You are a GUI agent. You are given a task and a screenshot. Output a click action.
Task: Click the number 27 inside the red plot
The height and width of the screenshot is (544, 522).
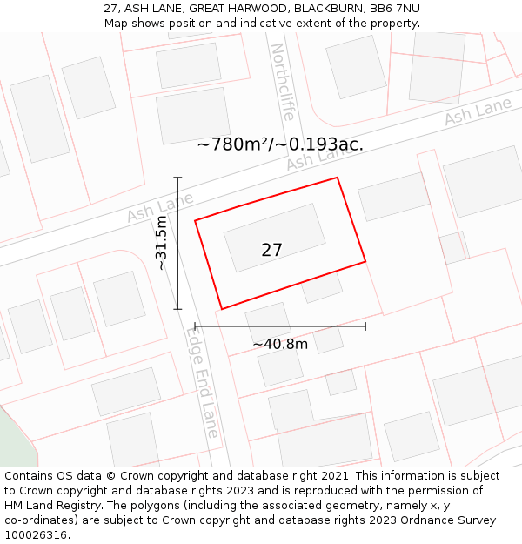[271, 250]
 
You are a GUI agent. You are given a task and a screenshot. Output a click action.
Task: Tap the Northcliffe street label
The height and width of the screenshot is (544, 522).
[283, 82]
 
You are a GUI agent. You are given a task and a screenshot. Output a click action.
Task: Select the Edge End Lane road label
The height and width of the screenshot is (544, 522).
[204, 382]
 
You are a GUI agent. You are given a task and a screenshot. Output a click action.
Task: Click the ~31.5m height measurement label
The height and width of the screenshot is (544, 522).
[161, 244]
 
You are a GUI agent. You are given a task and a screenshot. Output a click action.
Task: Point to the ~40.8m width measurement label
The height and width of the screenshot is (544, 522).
[280, 344]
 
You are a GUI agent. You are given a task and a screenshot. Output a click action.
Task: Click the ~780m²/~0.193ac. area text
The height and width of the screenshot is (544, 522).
[280, 144]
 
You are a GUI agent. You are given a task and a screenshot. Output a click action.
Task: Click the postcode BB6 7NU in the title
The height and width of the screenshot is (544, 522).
[395, 8]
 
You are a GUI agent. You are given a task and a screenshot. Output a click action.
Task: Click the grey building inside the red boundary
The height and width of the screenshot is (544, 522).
[275, 238]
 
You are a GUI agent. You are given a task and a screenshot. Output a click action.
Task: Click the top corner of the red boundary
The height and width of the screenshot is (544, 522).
[337, 178]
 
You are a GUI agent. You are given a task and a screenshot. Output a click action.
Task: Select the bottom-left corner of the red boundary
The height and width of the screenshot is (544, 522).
[222, 308]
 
